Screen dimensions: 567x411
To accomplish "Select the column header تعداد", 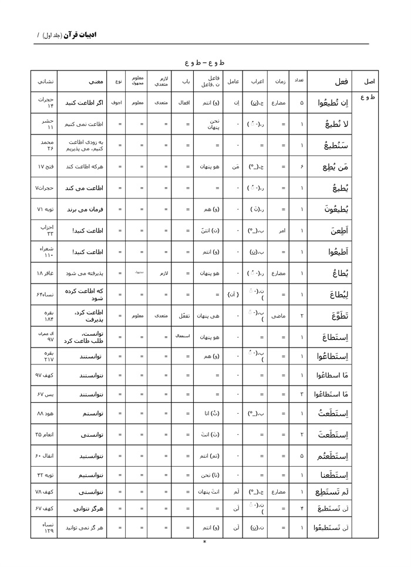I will (x=298, y=81).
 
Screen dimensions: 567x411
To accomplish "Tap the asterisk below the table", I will (x=204, y=543).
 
